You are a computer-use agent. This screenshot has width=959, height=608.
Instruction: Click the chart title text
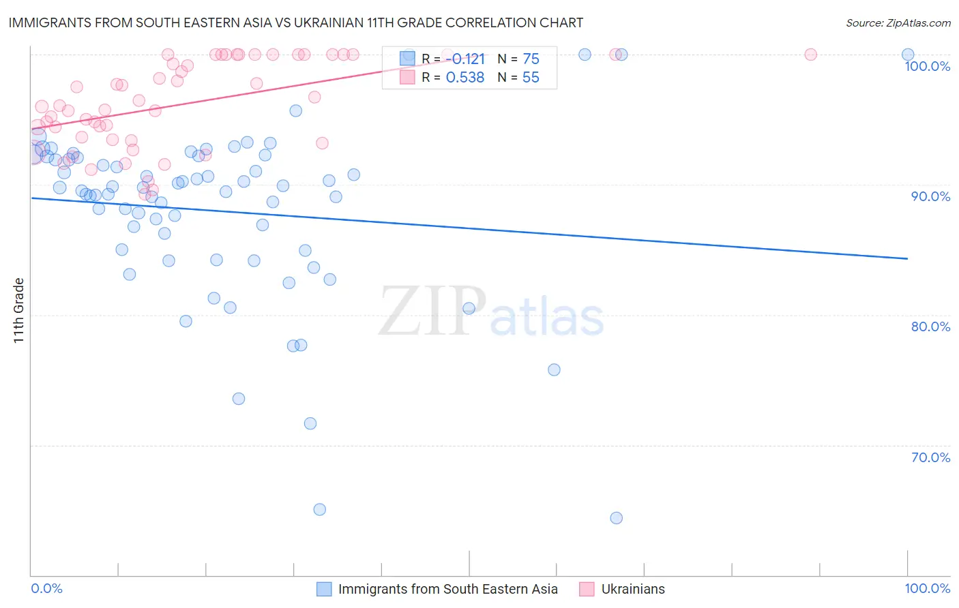pos(295,22)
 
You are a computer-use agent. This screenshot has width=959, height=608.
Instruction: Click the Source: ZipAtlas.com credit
pos(898,22)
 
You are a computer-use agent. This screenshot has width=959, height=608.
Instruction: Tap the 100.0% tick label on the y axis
pos(927,66)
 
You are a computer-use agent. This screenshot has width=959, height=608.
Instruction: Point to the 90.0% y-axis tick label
pos(930,196)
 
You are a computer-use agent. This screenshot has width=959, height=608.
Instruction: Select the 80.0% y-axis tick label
pos(930,326)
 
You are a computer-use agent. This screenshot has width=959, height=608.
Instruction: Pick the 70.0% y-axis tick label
pos(930,457)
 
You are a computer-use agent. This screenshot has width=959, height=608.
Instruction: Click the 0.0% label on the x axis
pos(46,588)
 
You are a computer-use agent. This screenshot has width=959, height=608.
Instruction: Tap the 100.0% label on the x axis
pos(927,588)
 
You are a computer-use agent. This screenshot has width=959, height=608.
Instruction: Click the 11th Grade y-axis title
pos(18,310)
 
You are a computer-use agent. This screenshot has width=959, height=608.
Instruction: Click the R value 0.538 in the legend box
pos(465,78)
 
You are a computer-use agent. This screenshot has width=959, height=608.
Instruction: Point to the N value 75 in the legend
pos(531,59)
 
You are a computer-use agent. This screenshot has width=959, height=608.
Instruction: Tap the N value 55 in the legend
pos(531,78)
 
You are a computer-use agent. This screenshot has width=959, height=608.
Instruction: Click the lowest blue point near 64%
pos(616,518)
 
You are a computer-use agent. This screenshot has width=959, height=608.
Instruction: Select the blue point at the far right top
pos(907,55)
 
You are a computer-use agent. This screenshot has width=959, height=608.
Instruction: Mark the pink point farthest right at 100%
pos(810,55)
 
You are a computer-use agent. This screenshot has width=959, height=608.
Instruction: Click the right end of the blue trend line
pos(907,258)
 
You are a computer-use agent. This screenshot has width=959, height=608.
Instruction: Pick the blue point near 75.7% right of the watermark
pos(554,369)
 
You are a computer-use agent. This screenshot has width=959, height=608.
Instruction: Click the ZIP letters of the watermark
pos(432,311)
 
